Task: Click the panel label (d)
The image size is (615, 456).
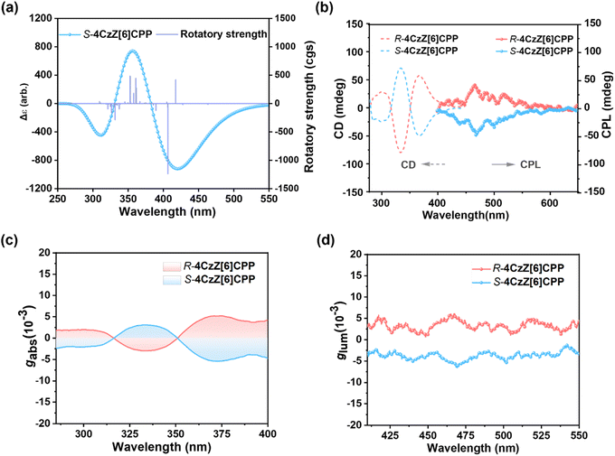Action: pos(328,239)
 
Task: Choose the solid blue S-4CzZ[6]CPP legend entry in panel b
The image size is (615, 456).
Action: pos(527,56)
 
